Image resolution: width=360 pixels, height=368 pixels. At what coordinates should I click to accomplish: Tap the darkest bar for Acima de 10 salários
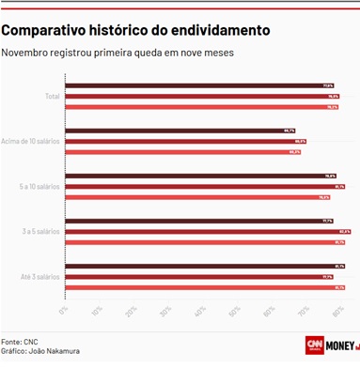click(x=180, y=131)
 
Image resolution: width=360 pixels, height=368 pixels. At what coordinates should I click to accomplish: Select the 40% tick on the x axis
click(x=200, y=309)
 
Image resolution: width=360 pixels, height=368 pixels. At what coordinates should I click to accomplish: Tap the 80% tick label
click(x=335, y=309)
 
